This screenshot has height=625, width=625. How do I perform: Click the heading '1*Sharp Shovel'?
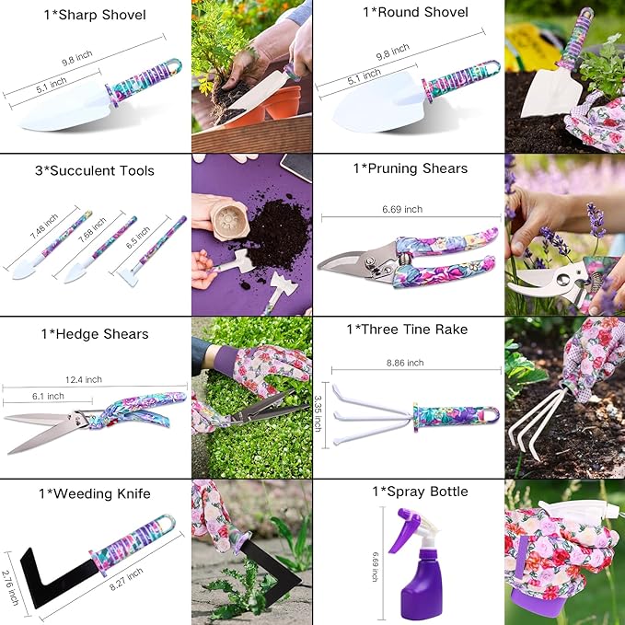tap(95, 14)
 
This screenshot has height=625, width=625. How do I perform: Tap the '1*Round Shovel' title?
tap(409, 13)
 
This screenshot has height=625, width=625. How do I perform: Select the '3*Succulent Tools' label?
tap(95, 170)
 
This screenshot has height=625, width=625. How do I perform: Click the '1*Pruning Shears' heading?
tap(409, 168)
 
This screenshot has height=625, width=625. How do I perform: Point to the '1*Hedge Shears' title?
tap(95, 334)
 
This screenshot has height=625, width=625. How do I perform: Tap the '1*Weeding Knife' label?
tap(95, 494)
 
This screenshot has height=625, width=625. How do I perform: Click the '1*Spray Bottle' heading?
tap(409, 492)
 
